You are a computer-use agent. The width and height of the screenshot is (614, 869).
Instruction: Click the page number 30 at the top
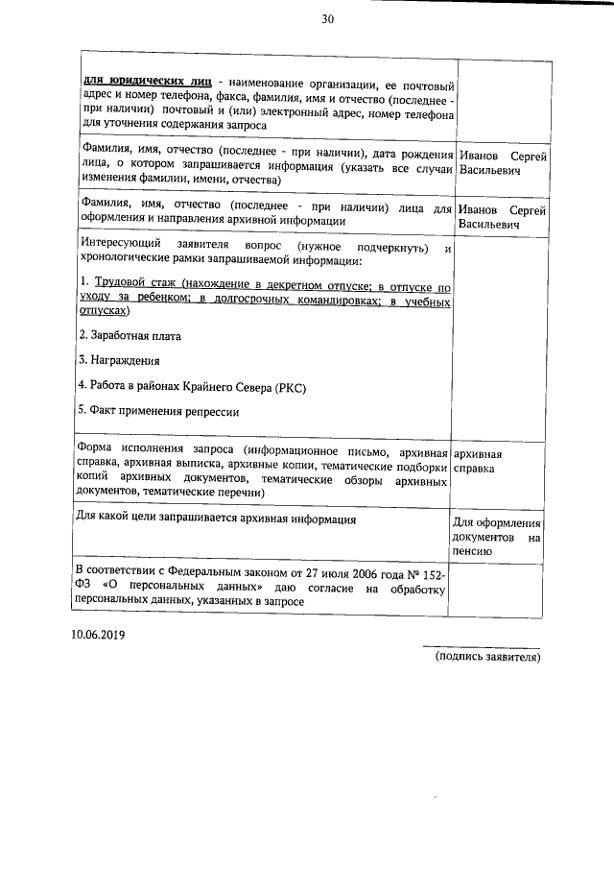click(x=328, y=19)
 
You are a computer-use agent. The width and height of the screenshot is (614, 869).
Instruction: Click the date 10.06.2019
click(x=97, y=636)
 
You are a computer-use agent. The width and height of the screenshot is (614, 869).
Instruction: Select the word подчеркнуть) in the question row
click(x=382, y=247)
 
